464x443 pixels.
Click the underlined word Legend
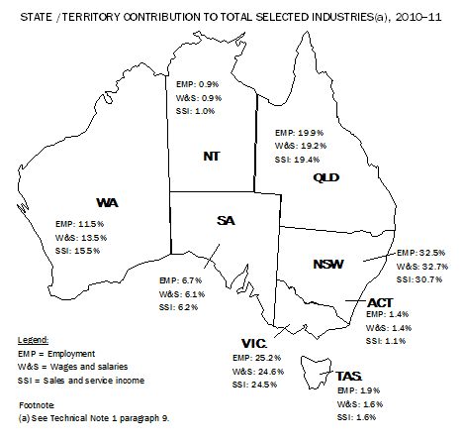tap(35, 338)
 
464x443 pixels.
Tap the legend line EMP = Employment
tap(57, 353)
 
